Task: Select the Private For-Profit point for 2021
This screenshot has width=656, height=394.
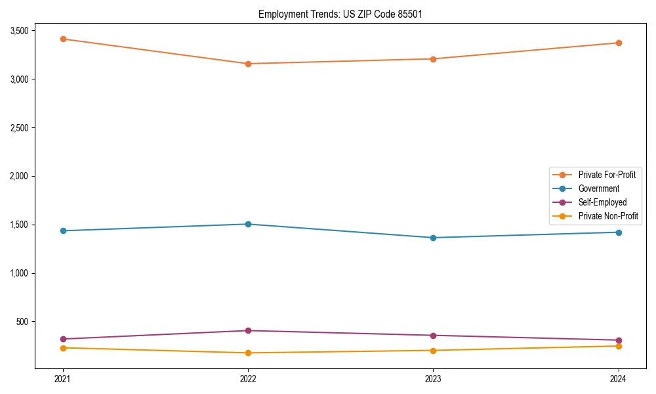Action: pos(63,39)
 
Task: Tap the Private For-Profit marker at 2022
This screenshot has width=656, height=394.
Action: pos(248,64)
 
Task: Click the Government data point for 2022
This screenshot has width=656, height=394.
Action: pos(248,224)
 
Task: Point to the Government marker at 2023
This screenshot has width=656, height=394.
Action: pos(433,238)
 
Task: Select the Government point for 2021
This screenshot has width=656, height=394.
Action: pos(63,230)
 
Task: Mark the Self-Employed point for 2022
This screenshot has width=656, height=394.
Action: pos(248,330)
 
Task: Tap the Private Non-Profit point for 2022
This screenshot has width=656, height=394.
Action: pos(248,353)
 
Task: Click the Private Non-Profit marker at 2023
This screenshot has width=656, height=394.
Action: pos(433,350)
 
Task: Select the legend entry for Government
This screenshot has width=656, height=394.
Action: pos(598,188)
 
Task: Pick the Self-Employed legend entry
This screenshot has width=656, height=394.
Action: pos(602,202)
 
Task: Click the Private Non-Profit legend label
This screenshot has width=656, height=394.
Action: pos(608,216)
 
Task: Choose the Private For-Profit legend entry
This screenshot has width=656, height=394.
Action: pos(606,175)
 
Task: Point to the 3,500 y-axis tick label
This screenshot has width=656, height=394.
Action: pos(18,31)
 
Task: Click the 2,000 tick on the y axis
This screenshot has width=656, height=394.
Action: pos(18,176)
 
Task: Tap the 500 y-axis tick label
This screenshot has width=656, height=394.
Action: pos(22,322)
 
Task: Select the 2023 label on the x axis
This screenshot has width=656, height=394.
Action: pos(433,379)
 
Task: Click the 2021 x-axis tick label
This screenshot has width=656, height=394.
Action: pos(63,379)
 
